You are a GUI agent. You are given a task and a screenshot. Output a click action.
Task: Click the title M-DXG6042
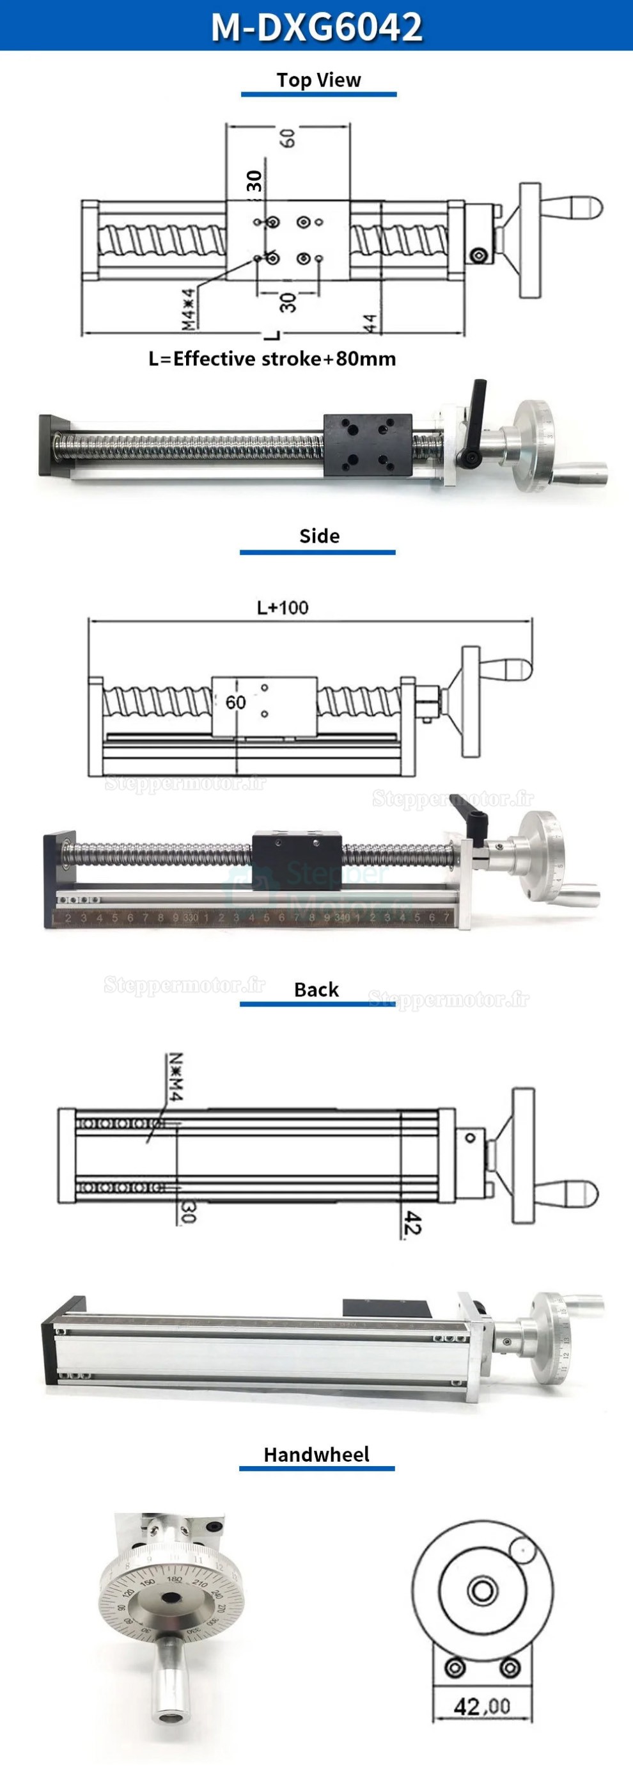[x=316, y=26]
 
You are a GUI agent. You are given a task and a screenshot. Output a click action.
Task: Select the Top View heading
[x=318, y=80]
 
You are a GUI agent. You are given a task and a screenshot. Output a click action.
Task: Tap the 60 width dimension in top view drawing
[x=288, y=137]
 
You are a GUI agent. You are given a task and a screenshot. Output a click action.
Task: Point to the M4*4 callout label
[x=188, y=308]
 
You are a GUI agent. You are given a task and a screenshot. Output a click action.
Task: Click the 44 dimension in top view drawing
[x=370, y=323]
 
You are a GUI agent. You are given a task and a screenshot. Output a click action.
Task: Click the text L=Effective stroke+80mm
[x=272, y=359]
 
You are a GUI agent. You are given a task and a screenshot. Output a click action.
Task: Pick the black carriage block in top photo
[x=368, y=445]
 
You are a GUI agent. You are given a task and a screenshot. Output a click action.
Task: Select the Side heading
[x=318, y=536]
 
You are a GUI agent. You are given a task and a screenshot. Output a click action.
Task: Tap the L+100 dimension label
[x=283, y=608]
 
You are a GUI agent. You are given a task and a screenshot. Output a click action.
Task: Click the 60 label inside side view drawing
[x=236, y=703]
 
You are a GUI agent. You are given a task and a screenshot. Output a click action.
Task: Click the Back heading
[x=316, y=989]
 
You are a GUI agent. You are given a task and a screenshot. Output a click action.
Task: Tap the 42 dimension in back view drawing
[x=412, y=1222]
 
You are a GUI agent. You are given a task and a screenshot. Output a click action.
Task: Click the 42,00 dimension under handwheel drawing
[x=481, y=1706]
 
